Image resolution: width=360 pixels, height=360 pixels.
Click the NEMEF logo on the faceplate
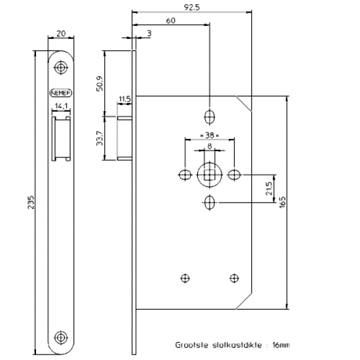(61, 93)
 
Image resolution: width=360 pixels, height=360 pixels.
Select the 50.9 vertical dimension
(100, 82)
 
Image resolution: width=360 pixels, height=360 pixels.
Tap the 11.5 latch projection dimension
(124, 98)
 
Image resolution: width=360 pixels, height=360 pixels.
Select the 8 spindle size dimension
(209, 146)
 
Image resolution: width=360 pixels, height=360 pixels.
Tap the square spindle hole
(209, 175)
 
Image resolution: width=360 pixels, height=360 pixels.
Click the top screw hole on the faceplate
(61, 68)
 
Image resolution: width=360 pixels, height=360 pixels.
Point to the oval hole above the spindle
(209, 115)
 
